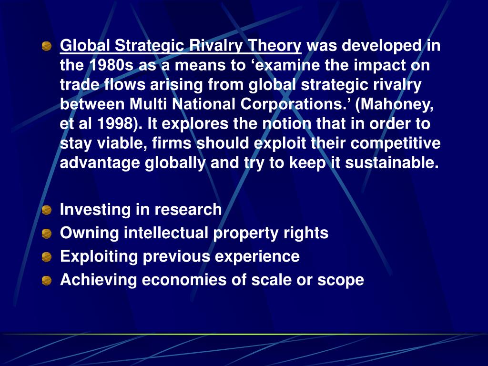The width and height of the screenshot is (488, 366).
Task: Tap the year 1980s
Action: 108,65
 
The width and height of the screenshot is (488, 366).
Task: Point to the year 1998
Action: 113,124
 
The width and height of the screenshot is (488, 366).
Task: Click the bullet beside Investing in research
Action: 46,210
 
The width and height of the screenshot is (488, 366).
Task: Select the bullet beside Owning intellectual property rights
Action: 46,234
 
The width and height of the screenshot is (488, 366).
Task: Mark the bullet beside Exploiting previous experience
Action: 46,257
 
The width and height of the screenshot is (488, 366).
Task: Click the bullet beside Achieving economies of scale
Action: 46,280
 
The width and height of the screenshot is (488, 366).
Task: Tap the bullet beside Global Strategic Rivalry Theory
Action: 46,46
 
